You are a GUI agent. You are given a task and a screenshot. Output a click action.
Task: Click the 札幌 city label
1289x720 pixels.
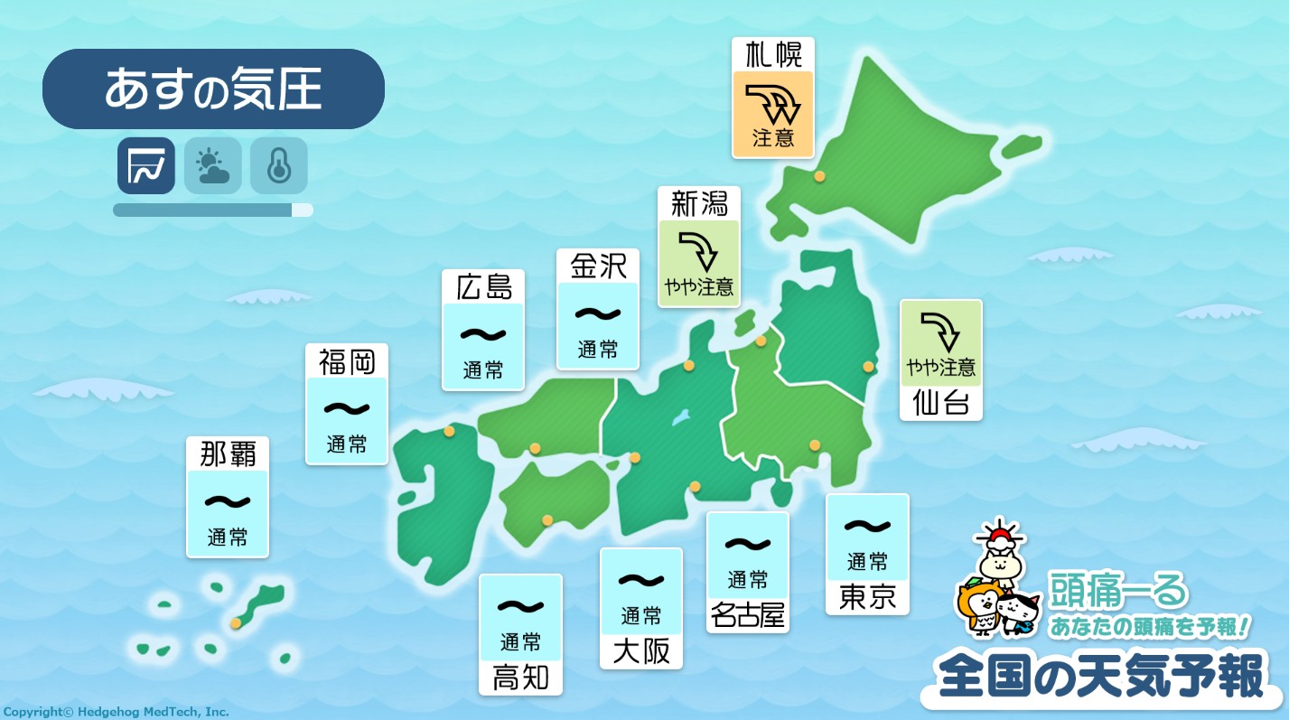[x=773, y=55]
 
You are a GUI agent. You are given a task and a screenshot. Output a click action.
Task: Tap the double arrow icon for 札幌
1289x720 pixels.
[x=773, y=102]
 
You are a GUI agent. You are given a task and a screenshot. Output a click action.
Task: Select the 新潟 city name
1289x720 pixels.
[x=699, y=204]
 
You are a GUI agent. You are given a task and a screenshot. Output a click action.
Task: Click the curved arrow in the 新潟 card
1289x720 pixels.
[x=697, y=251]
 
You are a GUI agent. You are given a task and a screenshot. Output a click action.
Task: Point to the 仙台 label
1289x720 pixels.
[x=940, y=403]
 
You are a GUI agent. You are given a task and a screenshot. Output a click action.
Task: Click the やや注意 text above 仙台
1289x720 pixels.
[x=941, y=367]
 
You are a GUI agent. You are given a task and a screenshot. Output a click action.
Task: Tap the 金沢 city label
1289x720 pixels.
[x=598, y=266]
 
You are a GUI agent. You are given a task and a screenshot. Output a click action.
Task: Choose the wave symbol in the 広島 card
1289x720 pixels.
[x=483, y=334]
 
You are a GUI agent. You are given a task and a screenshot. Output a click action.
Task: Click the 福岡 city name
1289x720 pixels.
[x=347, y=361]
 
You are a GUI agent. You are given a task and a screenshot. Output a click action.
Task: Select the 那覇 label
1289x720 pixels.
[x=227, y=454]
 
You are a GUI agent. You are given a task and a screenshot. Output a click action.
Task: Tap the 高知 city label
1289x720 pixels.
[x=520, y=678]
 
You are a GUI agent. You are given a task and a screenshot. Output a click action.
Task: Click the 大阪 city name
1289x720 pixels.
[x=641, y=651]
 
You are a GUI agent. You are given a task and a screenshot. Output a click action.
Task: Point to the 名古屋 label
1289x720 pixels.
[x=748, y=615]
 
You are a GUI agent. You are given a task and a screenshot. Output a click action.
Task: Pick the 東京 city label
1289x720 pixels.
[x=867, y=597]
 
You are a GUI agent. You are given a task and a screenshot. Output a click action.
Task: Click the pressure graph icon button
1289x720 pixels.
[x=145, y=165]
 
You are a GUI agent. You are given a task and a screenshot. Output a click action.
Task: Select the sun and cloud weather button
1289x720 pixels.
[x=212, y=165]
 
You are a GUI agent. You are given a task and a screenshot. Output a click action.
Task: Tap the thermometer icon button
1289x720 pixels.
[x=278, y=165]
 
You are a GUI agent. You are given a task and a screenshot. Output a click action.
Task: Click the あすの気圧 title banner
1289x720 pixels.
[x=213, y=89]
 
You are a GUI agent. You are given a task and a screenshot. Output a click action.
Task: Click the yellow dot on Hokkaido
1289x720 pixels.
[x=819, y=177]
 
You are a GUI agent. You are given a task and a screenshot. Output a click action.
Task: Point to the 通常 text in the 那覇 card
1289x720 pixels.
[x=227, y=537]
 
